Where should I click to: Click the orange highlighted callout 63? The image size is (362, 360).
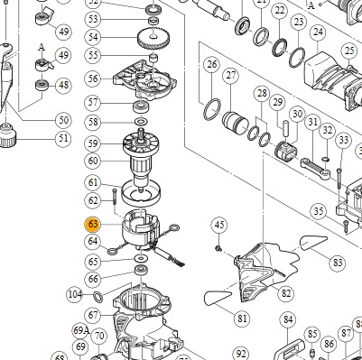click(x=93, y=225)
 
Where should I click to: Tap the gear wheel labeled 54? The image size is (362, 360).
click(x=153, y=37)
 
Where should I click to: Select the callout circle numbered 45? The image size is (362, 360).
click(x=219, y=225)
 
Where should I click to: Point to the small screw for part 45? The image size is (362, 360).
click(x=218, y=248)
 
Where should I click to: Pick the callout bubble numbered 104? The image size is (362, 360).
click(x=75, y=295)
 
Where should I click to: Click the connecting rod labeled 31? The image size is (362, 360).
click(x=315, y=170)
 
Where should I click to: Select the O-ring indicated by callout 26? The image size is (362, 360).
click(x=212, y=108)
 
